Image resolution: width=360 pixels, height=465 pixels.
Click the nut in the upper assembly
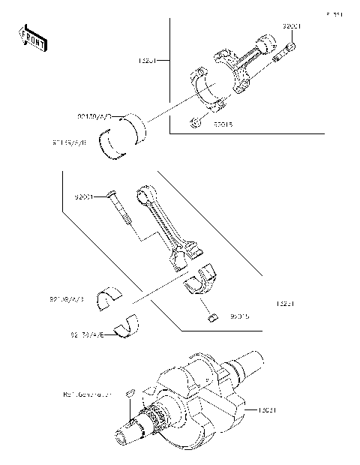click(x=195, y=121)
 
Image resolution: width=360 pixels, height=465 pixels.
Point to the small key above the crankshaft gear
click(x=129, y=391)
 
